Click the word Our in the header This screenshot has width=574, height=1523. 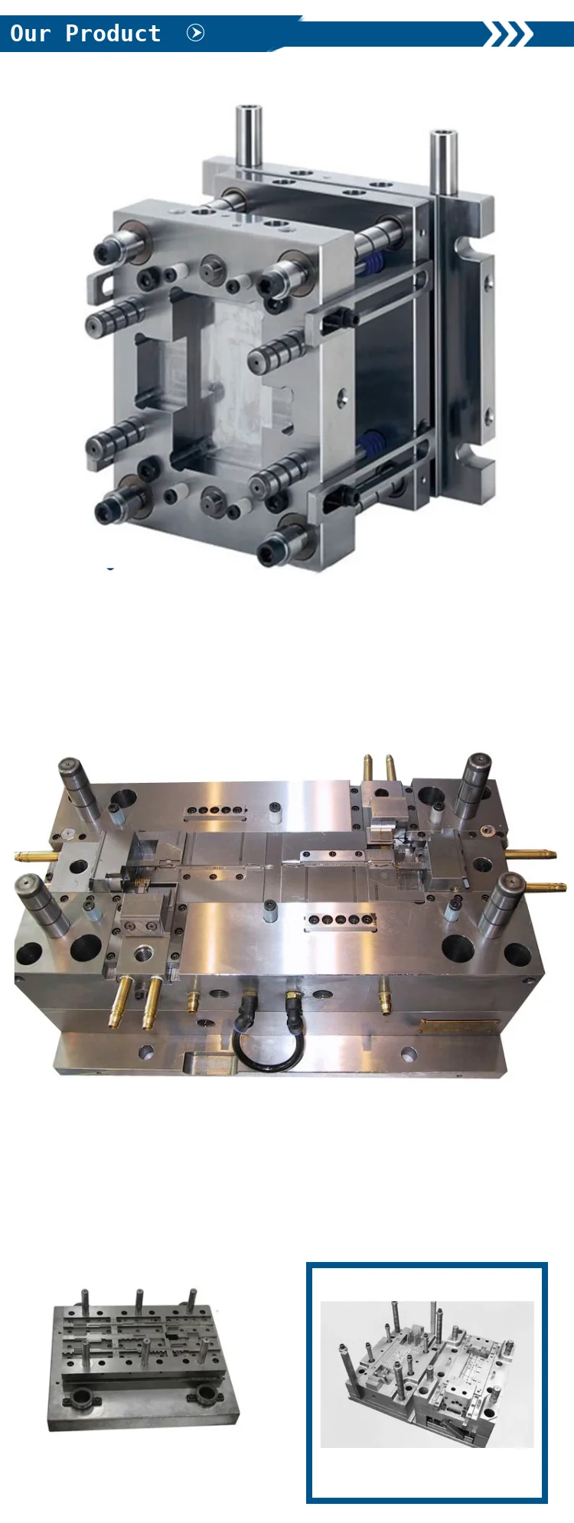[x=30, y=34]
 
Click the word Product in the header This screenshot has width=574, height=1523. [x=113, y=34]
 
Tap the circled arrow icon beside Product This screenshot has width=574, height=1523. [x=196, y=33]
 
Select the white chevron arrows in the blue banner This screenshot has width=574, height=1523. [x=508, y=34]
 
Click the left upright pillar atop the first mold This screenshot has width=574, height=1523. [x=248, y=137]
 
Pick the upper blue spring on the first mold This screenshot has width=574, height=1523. [x=373, y=264]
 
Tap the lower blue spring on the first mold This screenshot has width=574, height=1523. [x=373, y=445]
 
